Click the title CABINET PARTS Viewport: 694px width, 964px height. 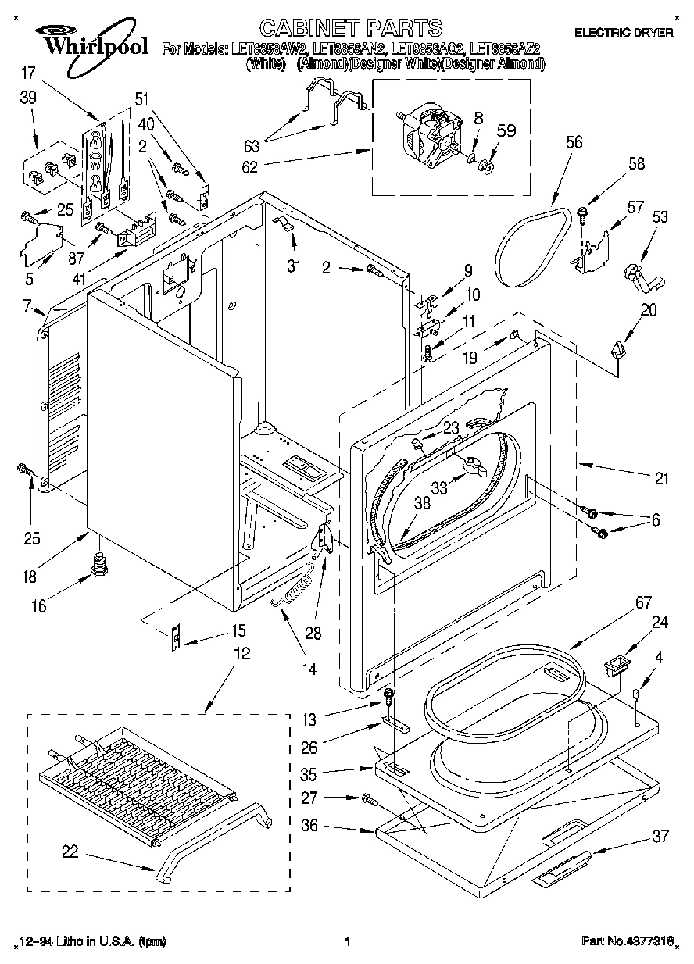click(x=350, y=28)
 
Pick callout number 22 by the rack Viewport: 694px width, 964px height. click(x=70, y=853)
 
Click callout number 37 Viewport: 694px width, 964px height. click(x=661, y=837)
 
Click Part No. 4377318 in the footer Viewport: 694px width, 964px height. click(x=628, y=942)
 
